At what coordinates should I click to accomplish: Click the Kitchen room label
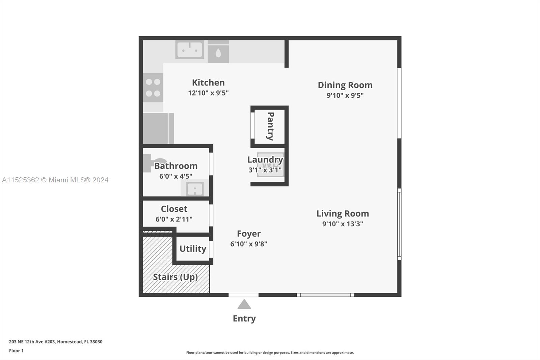tap(208, 83)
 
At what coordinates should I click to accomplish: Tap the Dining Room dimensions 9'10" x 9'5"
tap(345, 96)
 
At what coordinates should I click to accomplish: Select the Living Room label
tap(343, 213)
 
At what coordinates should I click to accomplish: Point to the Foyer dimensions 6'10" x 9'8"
tap(249, 244)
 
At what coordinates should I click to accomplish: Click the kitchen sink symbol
tap(190, 50)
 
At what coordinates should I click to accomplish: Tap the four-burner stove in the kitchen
tap(153, 88)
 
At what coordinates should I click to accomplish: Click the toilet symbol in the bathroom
tap(154, 162)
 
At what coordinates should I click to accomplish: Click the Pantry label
tap(270, 126)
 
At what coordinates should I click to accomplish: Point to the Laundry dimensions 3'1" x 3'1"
tap(265, 170)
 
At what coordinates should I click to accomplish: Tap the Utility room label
tap(193, 249)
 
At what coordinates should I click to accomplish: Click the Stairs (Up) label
tap(175, 277)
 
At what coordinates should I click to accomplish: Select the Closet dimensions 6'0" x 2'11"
tap(174, 219)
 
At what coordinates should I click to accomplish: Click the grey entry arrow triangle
tap(244, 305)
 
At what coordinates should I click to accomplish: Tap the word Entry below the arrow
tap(244, 318)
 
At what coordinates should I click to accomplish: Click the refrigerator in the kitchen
tap(157, 128)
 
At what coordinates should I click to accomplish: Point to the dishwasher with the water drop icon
tap(218, 52)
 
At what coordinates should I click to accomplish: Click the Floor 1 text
tap(16, 351)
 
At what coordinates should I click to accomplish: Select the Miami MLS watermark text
tap(55, 180)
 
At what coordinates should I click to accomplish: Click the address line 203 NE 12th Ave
tap(56, 342)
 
